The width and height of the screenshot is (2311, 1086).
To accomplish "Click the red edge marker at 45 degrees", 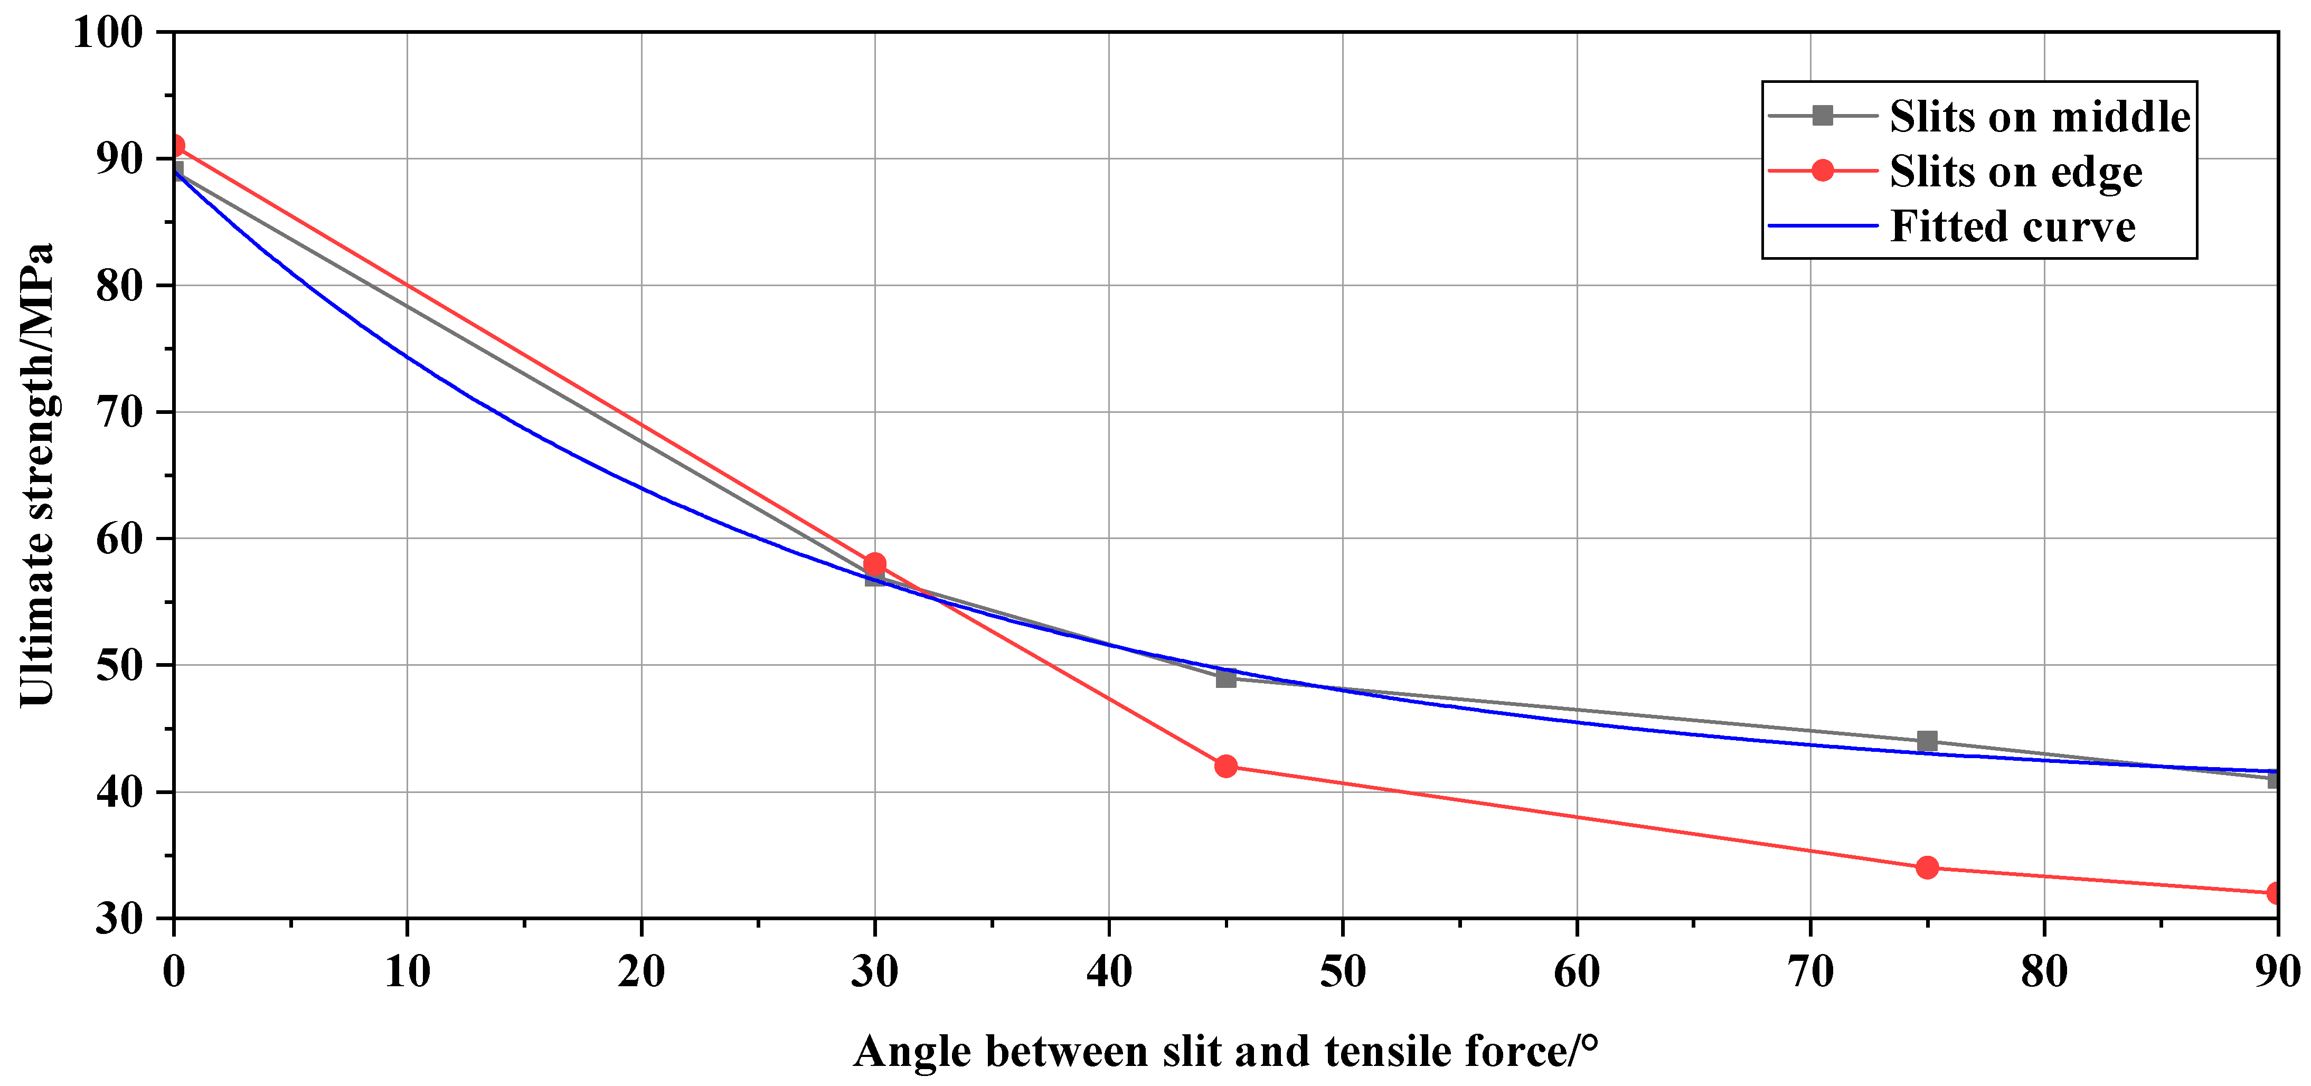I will point(1225,766).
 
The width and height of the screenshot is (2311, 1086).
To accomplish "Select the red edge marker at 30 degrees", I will point(875,564).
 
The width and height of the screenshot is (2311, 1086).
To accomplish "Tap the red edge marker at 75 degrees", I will point(1927,867).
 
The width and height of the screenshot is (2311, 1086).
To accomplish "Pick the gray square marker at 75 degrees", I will point(1927,741).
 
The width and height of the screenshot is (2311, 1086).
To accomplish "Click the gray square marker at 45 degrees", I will point(1225,678).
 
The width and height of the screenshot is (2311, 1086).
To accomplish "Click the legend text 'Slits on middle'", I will point(2039,117).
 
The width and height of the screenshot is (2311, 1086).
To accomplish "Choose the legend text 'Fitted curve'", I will point(2012,226).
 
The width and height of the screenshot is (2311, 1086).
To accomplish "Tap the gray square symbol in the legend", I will point(1822,116).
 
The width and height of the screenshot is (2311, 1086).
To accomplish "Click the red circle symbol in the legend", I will point(1822,171).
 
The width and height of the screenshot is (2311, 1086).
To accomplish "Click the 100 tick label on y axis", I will point(108,33).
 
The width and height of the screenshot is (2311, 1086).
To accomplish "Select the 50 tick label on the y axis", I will point(119,665).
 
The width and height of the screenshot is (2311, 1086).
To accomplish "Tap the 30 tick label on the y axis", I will point(119,918).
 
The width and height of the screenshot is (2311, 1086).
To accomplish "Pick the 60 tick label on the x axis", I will point(1576,972).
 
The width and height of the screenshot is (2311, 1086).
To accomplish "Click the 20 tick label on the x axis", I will point(642,972).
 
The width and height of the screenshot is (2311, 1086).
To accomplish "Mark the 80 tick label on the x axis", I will point(2044,972).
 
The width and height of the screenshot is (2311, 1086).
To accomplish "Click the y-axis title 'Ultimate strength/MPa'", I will point(37,475).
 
